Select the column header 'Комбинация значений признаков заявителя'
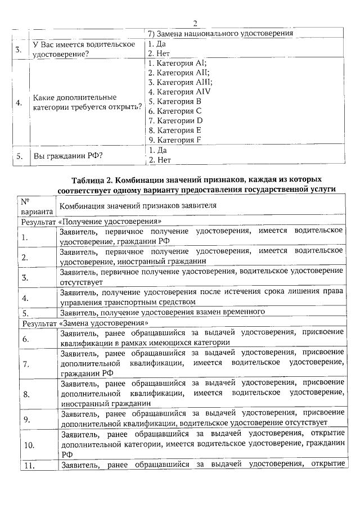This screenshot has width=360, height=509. (x=138, y=205)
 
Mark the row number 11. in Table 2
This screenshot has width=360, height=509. (x=29, y=465)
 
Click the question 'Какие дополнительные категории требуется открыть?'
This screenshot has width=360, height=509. (x=87, y=102)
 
